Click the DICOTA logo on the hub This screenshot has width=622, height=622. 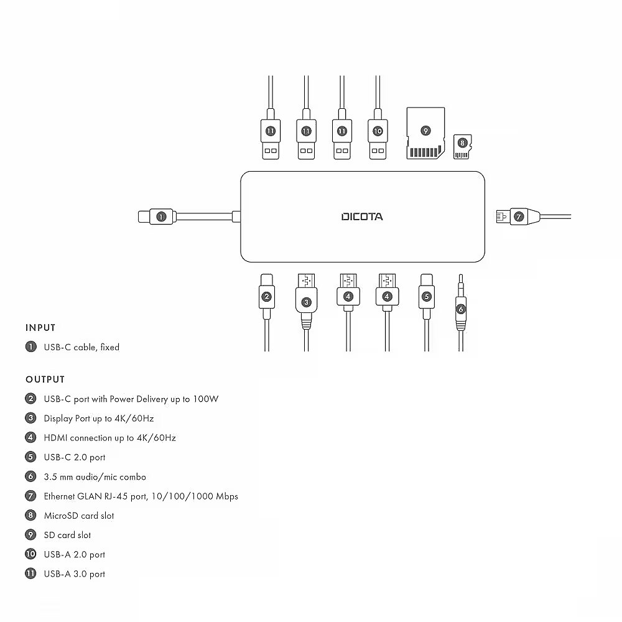pyautogui.click(x=362, y=216)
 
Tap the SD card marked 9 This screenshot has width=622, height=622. pyautogui.click(x=425, y=133)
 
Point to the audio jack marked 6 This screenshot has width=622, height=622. pyautogui.click(x=460, y=307)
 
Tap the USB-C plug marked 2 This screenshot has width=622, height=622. pyautogui.click(x=266, y=296)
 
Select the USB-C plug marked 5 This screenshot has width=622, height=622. pyautogui.click(x=426, y=296)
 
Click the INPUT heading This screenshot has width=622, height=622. pyautogui.click(x=40, y=328)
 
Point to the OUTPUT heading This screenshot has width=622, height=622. pyautogui.click(x=45, y=379)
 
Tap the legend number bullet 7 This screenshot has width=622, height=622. pyautogui.click(x=30, y=496)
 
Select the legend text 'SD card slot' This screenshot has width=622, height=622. pyautogui.click(x=67, y=535)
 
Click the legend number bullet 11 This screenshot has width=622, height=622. pyautogui.click(x=30, y=574)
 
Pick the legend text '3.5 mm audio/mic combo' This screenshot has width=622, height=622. pyautogui.click(x=95, y=477)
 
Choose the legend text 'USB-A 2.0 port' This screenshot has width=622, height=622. pyautogui.click(x=74, y=555)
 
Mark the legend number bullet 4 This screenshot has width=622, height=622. pyautogui.click(x=30, y=438)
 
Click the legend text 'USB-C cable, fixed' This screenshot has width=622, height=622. pyautogui.click(x=81, y=348)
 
